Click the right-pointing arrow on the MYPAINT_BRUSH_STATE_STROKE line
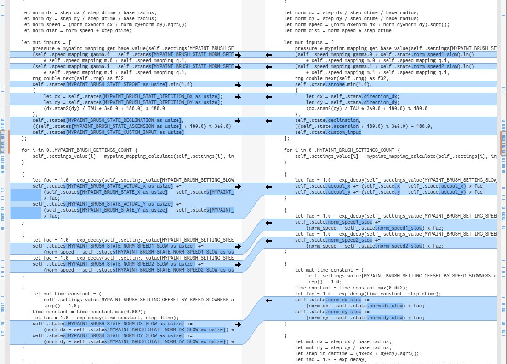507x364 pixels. coord(238,85)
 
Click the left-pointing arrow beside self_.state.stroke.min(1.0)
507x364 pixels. coord(269,85)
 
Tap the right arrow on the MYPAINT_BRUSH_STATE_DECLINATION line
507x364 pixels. coord(238,121)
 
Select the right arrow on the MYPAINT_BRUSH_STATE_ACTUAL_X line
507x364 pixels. coord(238,186)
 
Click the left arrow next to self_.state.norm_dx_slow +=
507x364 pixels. coord(269,300)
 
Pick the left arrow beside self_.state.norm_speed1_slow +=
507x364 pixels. coord(269,222)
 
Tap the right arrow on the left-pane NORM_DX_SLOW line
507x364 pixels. coord(238,324)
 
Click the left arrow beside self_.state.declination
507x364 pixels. coord(269,121)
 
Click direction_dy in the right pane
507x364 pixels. coord(380,103)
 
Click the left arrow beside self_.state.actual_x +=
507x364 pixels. coord(269,186)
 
